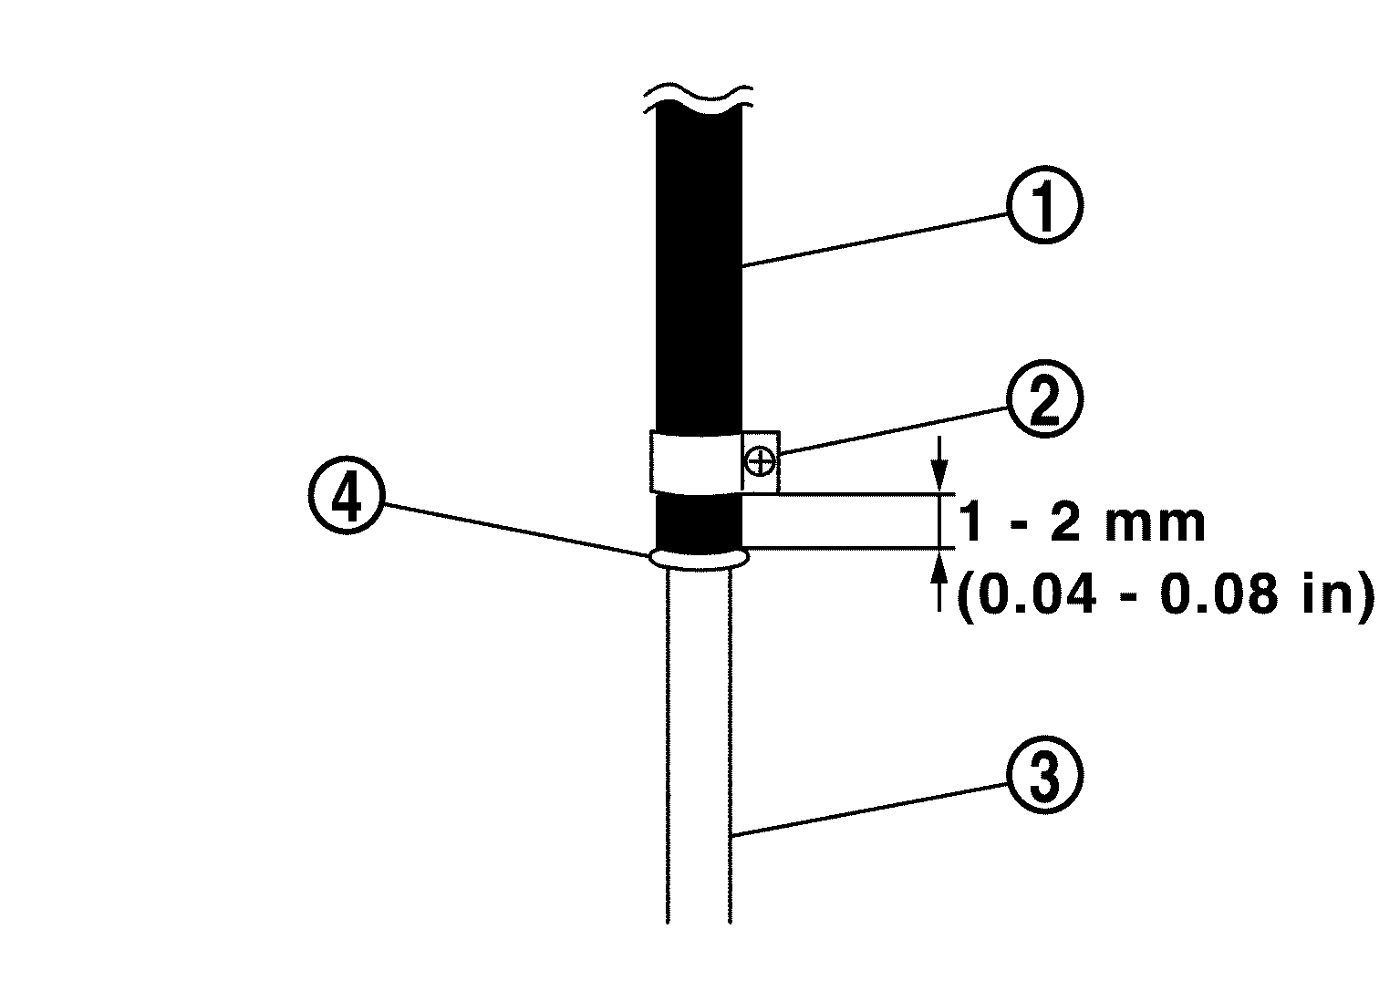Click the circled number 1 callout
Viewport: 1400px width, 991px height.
point(1044,207)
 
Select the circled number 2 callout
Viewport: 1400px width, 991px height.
point(1044,402)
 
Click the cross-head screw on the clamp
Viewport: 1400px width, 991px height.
point(760,461)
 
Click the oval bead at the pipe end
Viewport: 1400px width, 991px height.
point(698,557)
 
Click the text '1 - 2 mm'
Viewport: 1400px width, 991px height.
point(1082,524)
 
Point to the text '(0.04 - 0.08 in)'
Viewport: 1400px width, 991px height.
point(1164,597)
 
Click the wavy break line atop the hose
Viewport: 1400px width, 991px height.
point(698,94)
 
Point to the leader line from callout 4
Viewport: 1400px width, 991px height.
point(512,528)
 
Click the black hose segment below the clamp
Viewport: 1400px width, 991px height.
point(698,522)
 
